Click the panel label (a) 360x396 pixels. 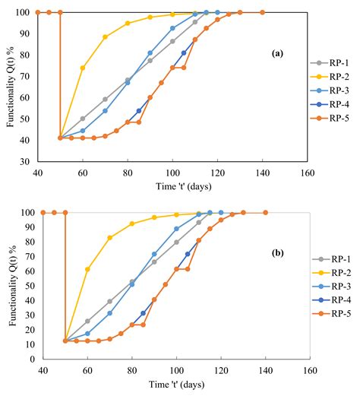277,55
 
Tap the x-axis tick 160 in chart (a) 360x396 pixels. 307,171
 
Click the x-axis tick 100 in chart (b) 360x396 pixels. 176,371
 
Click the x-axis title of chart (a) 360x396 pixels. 172,185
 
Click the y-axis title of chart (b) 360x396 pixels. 9,287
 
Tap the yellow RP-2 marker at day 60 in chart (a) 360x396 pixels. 83,68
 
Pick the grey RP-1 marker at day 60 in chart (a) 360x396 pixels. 83,119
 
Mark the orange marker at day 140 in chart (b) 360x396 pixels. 265,213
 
